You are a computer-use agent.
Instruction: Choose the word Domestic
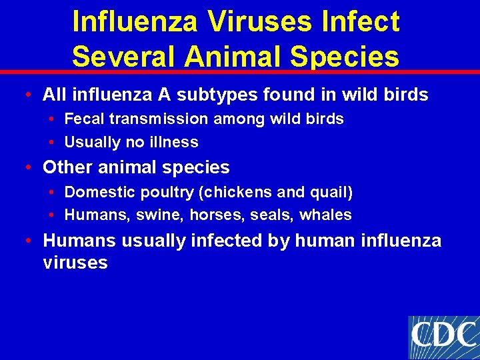click(95, 193)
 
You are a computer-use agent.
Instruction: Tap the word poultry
click(163, 193)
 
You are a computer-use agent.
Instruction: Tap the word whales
click(326, 215)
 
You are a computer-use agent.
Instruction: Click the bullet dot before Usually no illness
click(52, 142)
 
